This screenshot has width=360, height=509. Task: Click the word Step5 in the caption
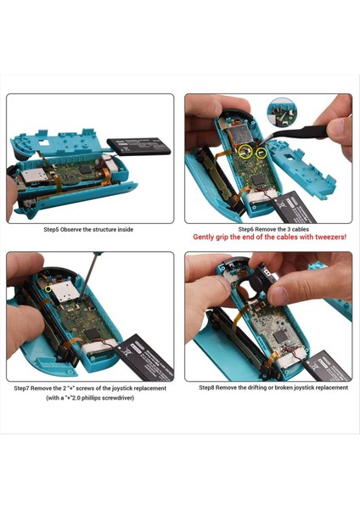point(55,229)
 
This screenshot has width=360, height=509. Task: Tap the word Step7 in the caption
point(25,388)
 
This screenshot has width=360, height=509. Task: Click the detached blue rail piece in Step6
point(314,170)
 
